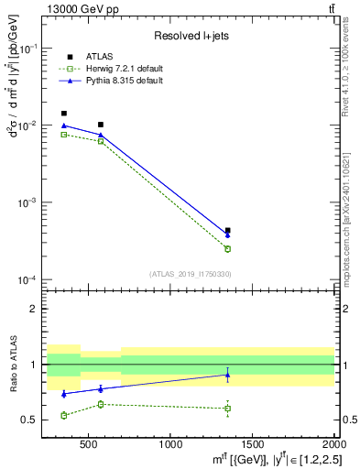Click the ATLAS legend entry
[x=97, y=57]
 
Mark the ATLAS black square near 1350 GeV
[x=227, y=231]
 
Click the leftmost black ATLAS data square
[x=63, y=114]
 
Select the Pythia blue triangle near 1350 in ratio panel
[x=227, y=375]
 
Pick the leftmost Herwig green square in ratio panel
[x=63, y=415]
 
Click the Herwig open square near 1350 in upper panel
[x=227, y=248]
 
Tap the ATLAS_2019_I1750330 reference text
[x=190, y=274]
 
